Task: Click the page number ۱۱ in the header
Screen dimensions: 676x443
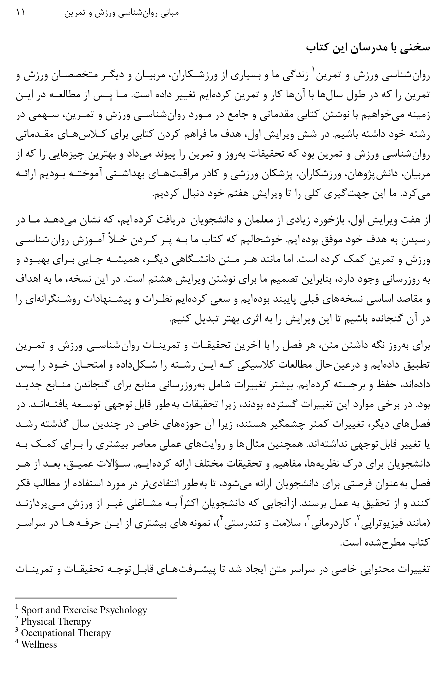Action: point(21,13)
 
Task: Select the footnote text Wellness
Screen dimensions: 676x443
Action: point(39,644)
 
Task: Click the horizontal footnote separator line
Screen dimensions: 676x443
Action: point(96,598)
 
